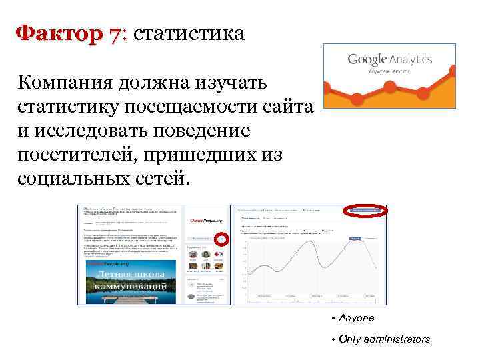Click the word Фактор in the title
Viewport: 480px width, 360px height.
[59, 33]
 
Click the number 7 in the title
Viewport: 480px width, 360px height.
[117, 33]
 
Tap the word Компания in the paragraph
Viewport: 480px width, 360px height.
[67, 83]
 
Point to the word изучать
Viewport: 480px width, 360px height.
[229, 83]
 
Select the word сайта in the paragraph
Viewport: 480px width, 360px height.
[284, 107]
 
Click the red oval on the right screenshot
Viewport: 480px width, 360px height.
[364, 211]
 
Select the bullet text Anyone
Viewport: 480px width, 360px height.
[357, 318]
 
